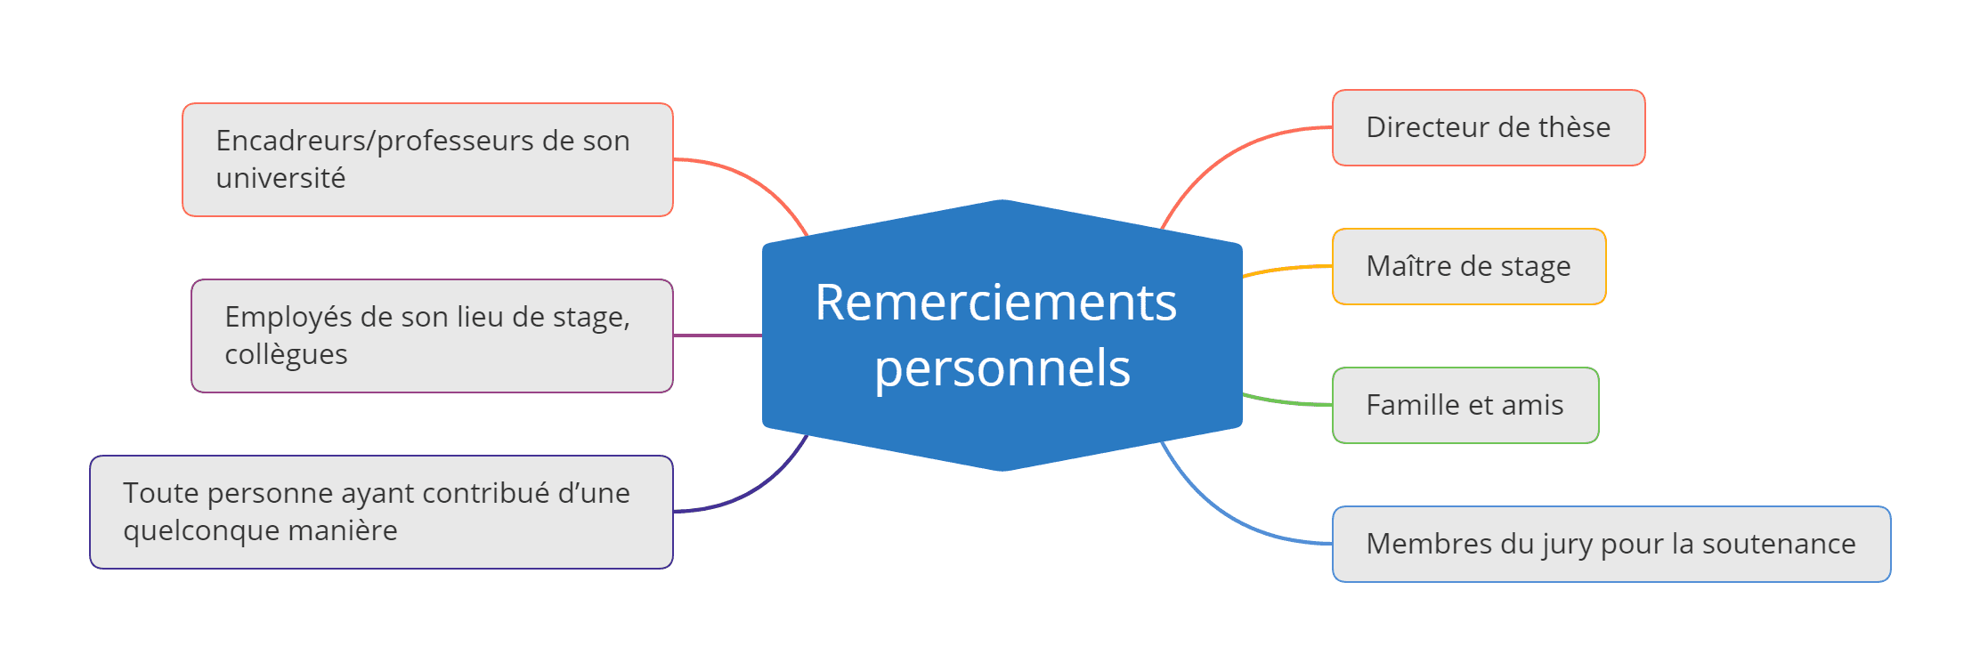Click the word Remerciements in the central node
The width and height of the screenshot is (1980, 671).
(995, 303)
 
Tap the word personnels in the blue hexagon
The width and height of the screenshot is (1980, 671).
(1002, 368)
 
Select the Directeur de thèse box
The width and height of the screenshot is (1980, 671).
(1488, 127)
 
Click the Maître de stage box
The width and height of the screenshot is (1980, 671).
(1468, 266)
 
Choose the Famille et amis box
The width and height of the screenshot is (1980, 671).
(1465, 405)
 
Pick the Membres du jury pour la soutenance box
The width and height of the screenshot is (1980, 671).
(1611, 544)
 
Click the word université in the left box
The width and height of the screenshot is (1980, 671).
(280, 178)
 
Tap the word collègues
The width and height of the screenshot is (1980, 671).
(286, 354)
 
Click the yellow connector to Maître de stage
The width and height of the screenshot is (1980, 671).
(1286, 269)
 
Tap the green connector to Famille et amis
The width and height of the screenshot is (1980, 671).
(1286, 402)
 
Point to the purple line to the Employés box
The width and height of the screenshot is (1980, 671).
(717, 335)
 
